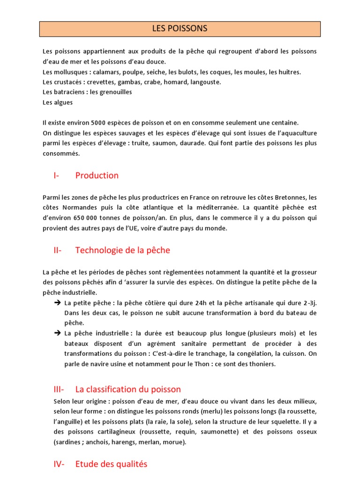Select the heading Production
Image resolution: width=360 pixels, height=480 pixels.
(97, 175)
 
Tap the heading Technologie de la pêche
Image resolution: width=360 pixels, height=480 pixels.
(122, 250)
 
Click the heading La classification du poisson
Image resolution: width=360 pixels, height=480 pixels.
(128, 390)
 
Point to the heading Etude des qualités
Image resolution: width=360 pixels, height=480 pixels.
(111, 464)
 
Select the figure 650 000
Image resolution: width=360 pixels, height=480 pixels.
(82, 217)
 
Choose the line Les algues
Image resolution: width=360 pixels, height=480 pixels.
(58, 102)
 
